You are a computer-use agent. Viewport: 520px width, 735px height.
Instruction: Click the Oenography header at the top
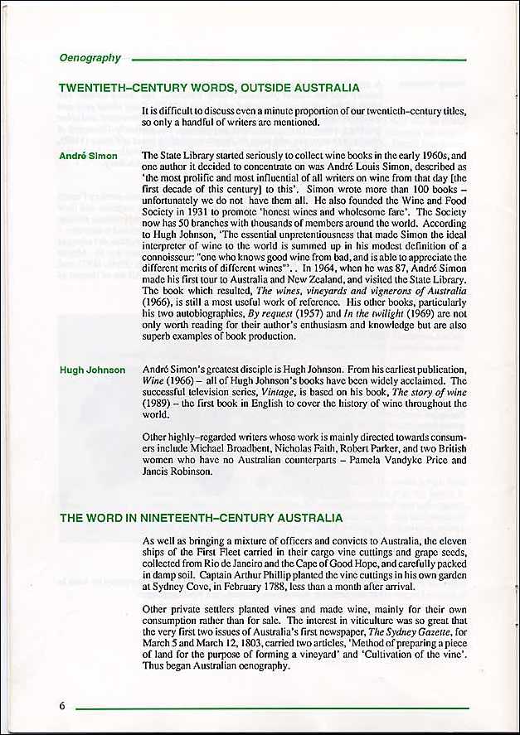click(x=90, y=58)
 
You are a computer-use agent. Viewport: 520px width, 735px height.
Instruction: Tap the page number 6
click(x=62, y=706)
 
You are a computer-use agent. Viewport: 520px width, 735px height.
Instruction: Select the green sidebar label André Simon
click(x=88, y=156)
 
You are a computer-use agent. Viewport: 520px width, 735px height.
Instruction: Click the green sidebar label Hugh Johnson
click(x=92, y=370)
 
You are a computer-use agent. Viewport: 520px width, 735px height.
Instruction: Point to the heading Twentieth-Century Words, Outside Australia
click(x=209, y=88)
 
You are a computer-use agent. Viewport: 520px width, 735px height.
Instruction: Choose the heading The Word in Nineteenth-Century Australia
click(x=201, y=519)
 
